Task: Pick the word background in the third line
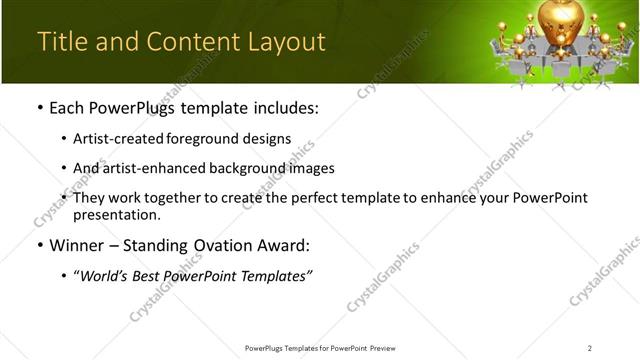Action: point(256,168)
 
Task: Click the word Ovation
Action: point(235,246)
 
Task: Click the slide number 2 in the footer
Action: point(590,347)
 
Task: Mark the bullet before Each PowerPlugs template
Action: point(39,105)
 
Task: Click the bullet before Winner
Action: point(39,246)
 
